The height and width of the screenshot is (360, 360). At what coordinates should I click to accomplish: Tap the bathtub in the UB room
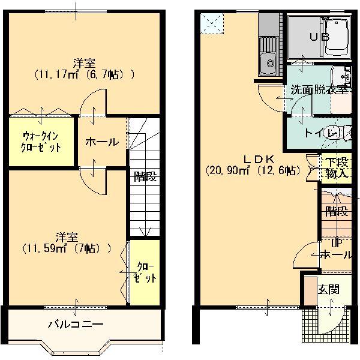point(339,37)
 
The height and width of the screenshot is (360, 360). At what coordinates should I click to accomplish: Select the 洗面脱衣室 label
point(319,90)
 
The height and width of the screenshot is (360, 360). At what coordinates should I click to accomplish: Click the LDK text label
point(259,158)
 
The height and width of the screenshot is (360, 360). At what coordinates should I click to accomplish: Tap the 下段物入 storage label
point(337,167)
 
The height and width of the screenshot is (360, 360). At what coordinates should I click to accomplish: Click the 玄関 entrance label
point(328,289)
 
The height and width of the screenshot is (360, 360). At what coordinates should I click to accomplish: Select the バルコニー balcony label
point(76,325)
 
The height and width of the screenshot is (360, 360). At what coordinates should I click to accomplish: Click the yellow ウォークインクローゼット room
point(41,142)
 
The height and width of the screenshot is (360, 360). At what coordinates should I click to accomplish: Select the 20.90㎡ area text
point(227,170)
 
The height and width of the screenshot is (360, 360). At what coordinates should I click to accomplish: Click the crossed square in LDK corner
point(211,23)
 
